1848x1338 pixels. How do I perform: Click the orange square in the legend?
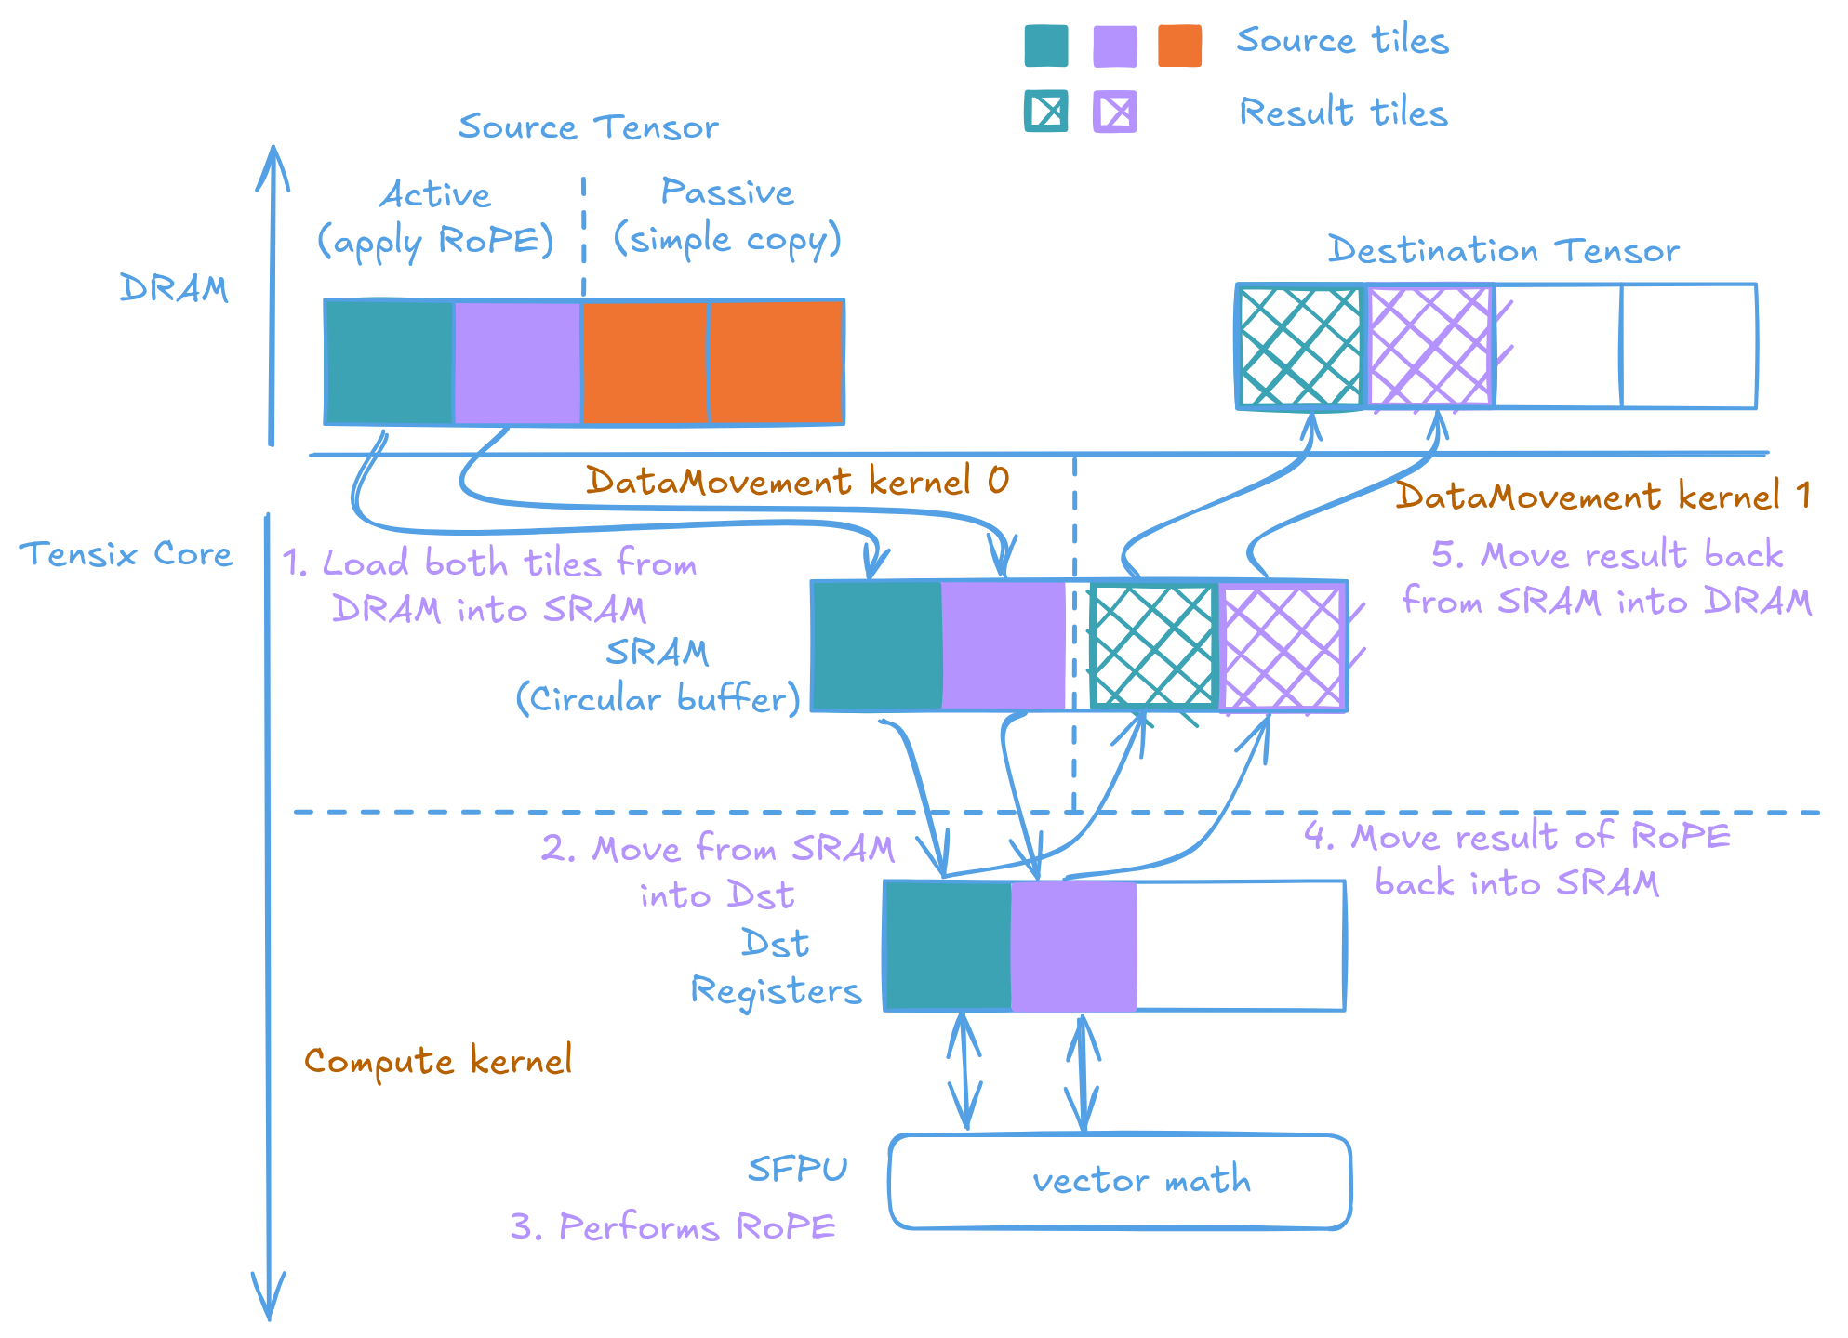coord(1179,46)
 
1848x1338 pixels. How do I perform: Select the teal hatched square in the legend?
coord(1046,112)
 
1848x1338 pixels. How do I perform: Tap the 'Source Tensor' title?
coord(588,126)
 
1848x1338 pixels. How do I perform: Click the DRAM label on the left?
coord(174,288)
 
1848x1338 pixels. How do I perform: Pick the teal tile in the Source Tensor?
coord(389,362)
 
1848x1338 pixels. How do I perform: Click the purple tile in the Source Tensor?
coord(517,362)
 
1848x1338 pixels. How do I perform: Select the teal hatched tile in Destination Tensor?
coord(1300,347)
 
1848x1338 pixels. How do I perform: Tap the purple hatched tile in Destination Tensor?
coord(1429,347)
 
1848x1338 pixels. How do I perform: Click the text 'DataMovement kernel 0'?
coord(797,481)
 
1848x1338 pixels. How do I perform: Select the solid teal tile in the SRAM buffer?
coord(876,646)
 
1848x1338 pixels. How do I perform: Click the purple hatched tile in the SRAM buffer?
coord(1283,648)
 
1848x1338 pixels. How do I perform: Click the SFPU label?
coord(798,1169)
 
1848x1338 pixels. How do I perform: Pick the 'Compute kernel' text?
coord(438,1061)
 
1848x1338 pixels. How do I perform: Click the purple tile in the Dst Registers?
coord(1074,946)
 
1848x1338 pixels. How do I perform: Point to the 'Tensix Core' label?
coord(126,554)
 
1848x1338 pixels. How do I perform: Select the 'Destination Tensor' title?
coord(1503,250)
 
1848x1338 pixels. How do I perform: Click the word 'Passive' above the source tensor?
coord(727,192)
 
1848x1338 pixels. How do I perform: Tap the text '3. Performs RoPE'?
coord(673,1227)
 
